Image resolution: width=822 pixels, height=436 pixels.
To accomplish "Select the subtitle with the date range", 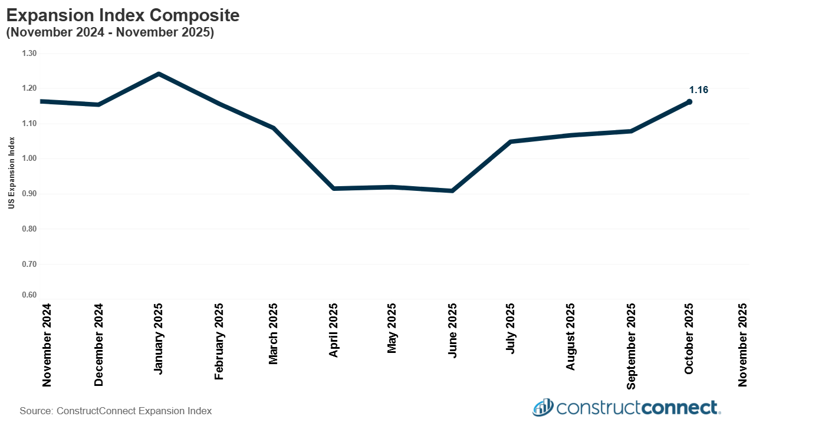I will pyautogui.click(x=110, y=33).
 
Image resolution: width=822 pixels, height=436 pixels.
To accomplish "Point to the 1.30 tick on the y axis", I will pyautogui.click(x=29, y=54).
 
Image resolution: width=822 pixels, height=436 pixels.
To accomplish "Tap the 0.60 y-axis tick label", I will pyautogui.click(x=29, y=296).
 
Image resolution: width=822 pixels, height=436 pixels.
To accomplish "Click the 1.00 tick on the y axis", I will pyautogui.click(x=29, y=158).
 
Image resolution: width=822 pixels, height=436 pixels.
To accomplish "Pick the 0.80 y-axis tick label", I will pyautogui.click(x=29, y=229).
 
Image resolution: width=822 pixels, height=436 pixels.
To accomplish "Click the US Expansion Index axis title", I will pyautogui.click(x=11, y=173).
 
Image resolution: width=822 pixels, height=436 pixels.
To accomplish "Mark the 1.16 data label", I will pyautogui.click(x=698, y=90).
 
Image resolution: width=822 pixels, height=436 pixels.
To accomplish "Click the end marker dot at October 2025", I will pyautogui.click(x=689, y=102).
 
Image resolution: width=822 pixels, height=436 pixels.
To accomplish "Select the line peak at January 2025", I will pyautogui.click(x=159, y=74).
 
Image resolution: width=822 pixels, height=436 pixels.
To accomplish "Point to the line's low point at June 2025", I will pyautogui.click(x=452, y=190).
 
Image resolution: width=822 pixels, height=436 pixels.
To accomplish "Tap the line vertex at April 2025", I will pyautogui.click(x=334, y=189).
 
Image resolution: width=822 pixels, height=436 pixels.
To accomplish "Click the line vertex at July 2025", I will pyautogui.click(x=511, y=142).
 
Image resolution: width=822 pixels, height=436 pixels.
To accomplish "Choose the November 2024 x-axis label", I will pyautogui.click(x=47, y=345).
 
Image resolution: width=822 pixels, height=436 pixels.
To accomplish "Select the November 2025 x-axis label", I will pyautogui.click(x=742, y=345).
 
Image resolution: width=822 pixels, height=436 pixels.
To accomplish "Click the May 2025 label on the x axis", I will pyautogui.click(x=392, y=328).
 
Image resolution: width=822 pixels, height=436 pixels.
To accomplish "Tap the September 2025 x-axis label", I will pyautogui.click(x=631, y=346).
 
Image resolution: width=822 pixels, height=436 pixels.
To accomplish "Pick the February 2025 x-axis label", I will pyautogui.click(x=219, y=342).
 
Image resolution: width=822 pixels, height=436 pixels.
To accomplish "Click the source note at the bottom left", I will pyautogui.click(x=116, y=411).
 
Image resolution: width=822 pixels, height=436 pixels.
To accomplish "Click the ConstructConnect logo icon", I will pyautogui.click(x=542, y=407).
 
